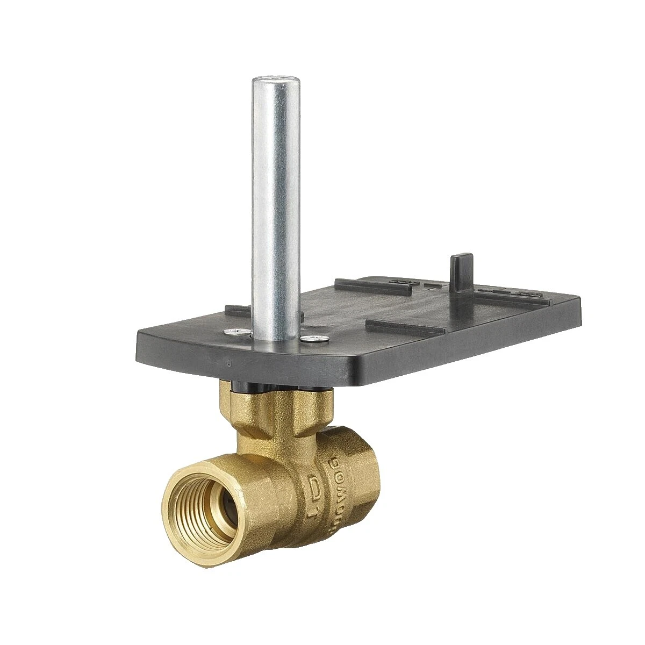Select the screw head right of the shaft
click(x=316, y=338)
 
